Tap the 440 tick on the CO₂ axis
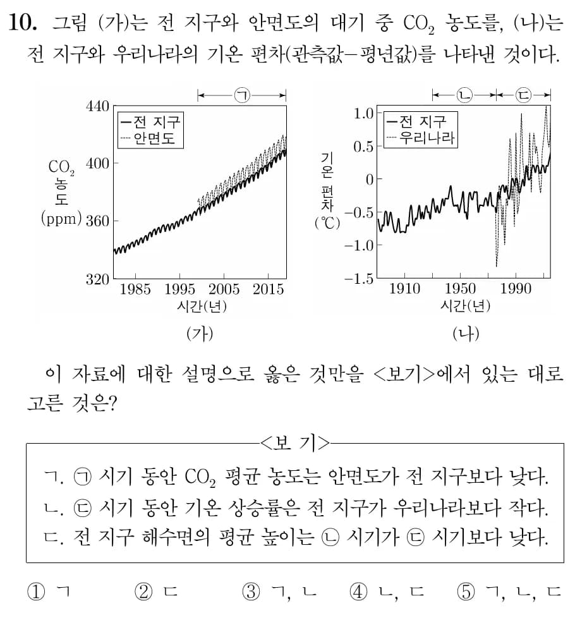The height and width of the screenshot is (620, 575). click(x=97, y=106)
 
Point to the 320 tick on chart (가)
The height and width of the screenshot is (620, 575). click(x=97, y=279)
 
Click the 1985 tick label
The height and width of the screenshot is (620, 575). click(x=135, y=290)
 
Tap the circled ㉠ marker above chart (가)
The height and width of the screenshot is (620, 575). click(x=241, y=95)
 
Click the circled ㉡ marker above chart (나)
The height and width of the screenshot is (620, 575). click(x=464, y=95)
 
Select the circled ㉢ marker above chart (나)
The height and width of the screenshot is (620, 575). click(x=524, y=95)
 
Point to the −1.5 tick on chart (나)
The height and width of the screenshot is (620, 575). click(x=357, y=279)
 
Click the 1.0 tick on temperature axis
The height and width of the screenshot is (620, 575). click(x=363, y=114)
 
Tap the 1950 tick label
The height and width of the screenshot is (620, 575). click(x=461, y=289)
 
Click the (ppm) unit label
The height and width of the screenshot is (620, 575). click(x=61, y=220)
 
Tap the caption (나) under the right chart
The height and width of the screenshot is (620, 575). click(x=466, y=332)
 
